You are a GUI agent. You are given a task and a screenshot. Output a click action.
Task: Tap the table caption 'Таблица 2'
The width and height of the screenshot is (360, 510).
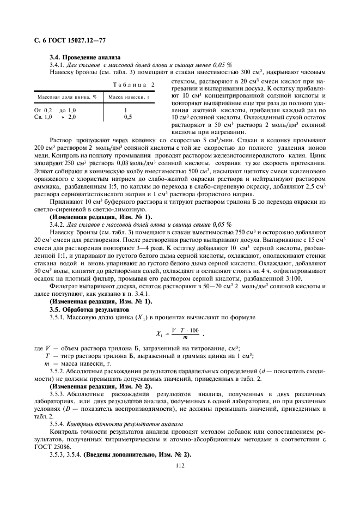(x=134, y=84)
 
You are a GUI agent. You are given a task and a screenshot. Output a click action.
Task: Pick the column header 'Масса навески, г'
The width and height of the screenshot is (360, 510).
(x=129, y=97)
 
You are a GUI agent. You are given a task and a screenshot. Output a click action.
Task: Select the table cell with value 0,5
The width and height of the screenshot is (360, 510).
(x=127, y=117)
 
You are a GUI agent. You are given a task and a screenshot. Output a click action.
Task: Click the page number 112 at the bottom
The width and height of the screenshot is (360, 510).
(x=179, y=464)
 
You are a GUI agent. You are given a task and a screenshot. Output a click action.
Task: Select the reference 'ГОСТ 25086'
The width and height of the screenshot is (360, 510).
(x=52, y=439)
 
